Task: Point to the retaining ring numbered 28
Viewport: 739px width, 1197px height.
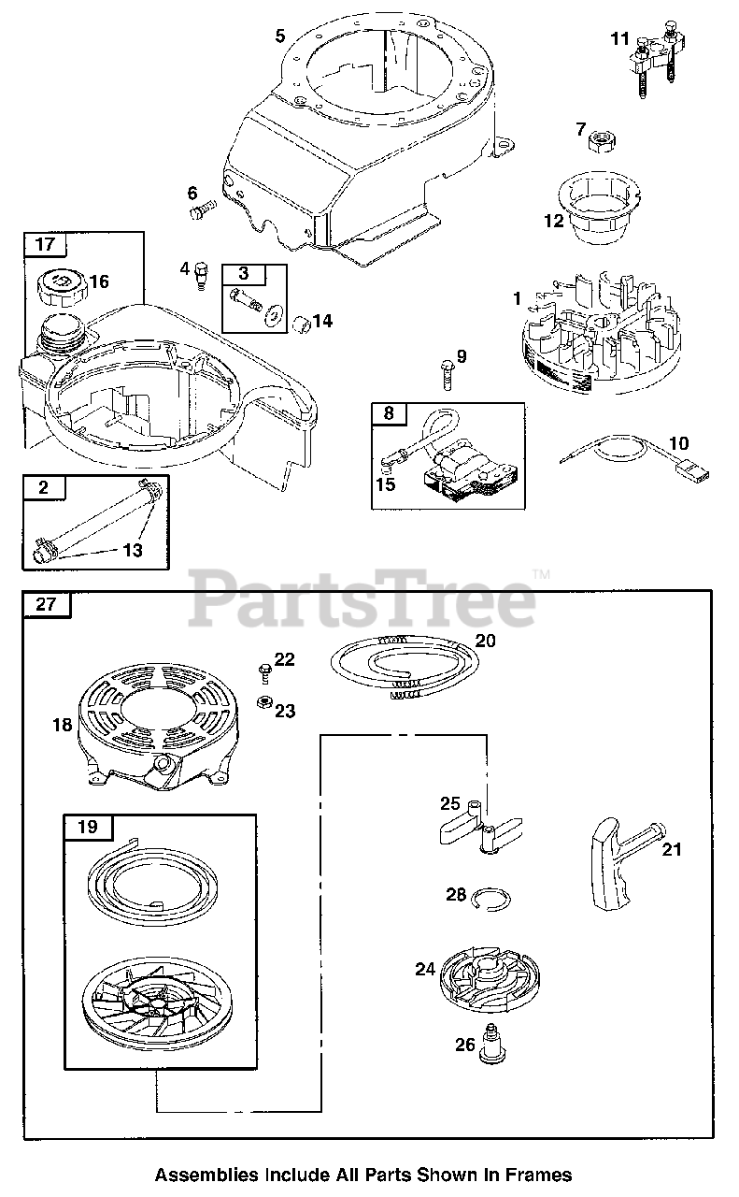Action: tap(491, 898)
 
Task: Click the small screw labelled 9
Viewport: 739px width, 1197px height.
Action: tap(447, 376)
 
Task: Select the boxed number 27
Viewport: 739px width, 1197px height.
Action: tap(46, 604)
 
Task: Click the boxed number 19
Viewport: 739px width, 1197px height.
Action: tap(87, 828)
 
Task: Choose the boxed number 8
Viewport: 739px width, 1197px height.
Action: tap(389, 412)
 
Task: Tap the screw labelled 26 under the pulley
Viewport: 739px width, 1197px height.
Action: tap(490, 1044)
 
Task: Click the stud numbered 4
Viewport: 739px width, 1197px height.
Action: tap(198, 274)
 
